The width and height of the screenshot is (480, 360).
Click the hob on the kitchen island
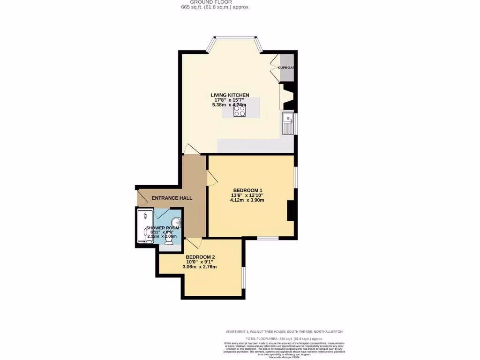(x=240, y=111)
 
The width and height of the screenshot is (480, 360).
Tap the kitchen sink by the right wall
(x=288, y=123)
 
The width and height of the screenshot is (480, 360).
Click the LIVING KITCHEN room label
(x=229, y=95)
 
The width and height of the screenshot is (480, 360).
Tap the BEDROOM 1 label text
(x=248, y=190)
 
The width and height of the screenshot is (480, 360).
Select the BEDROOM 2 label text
(x=200, y=257)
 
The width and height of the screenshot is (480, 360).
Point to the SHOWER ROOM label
(x=162, y=228)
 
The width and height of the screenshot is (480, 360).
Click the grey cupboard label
(x=286, y=67)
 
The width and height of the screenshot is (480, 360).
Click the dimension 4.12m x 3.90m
(x=247, y=200)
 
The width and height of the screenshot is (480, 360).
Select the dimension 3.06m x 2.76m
(x=199, y=267)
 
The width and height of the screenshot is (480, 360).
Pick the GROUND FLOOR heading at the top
(x=217, y=2)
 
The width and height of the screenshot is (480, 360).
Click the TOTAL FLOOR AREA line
(x=284, y=338)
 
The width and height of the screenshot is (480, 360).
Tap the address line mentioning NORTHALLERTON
(x=284, y=331)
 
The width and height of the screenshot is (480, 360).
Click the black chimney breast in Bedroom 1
(x=291, y=210)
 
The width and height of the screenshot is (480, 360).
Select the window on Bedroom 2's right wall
(x=243, y=277)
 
